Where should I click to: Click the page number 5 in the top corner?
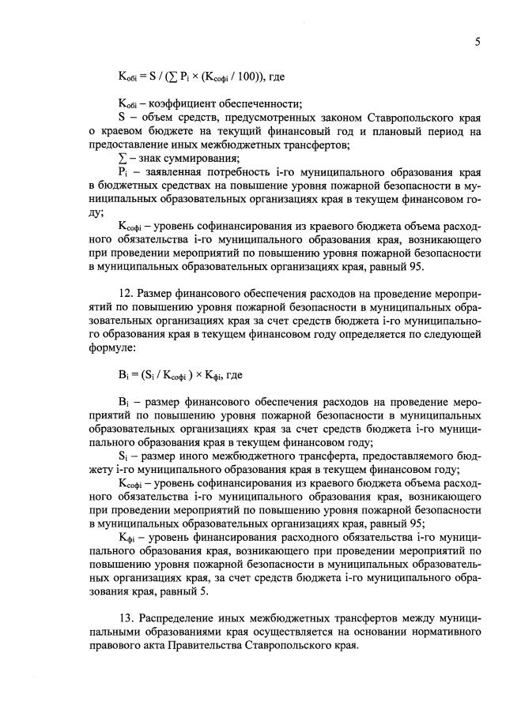[x=478, y=43]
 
